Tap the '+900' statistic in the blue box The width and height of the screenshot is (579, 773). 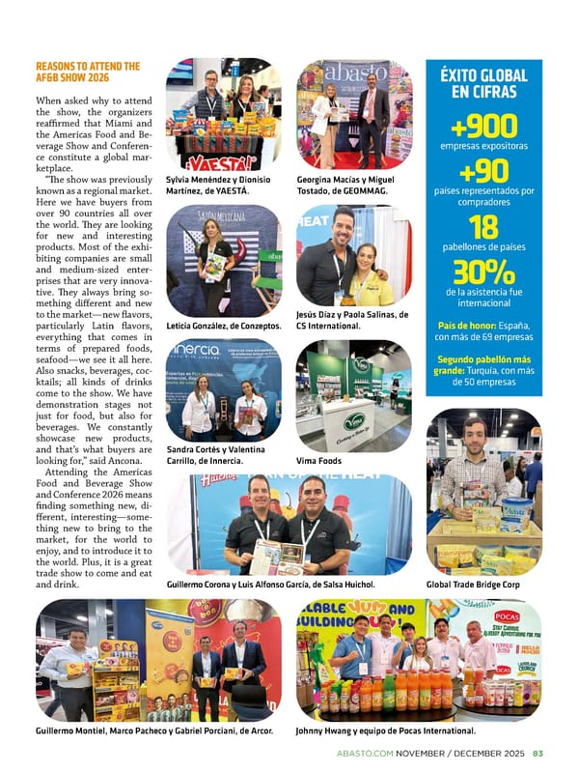483,126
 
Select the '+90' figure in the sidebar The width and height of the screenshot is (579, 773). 483,172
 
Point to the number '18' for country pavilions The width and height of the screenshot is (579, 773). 483,227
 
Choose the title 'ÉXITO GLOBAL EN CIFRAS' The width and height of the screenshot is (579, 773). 483,84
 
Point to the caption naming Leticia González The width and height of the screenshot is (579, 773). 223,326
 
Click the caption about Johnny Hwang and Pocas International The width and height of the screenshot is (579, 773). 385,730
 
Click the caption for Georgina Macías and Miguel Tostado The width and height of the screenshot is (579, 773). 346,186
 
